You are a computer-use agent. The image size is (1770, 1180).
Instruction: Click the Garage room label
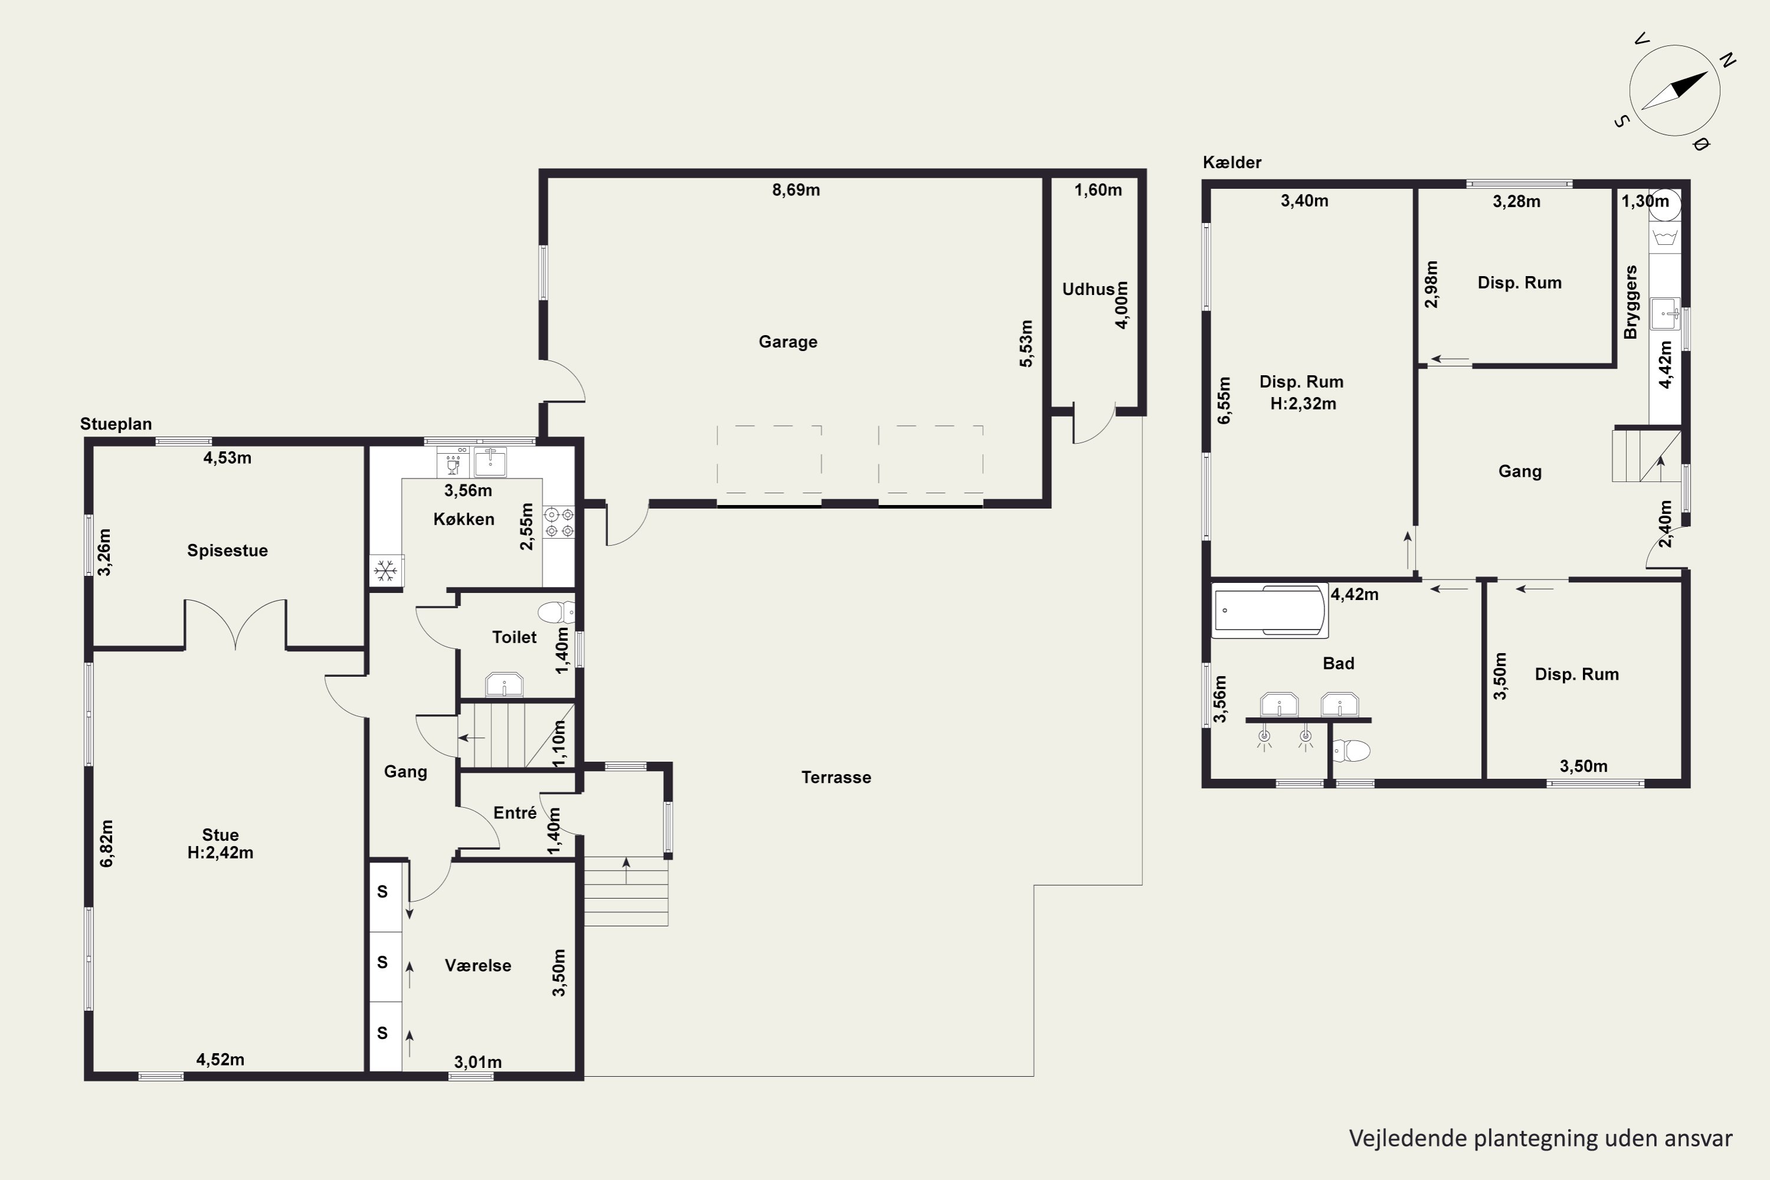788,342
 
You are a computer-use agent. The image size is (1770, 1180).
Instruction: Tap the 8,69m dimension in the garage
796,189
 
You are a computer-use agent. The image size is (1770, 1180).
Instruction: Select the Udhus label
1088,289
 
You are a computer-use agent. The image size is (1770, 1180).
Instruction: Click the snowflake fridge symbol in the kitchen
386,571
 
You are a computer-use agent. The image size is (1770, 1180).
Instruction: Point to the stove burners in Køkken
559,522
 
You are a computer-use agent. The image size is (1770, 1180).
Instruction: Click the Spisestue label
227,550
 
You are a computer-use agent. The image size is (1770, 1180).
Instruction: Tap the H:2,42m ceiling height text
221,853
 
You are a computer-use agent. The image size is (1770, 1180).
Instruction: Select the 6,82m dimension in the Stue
107,843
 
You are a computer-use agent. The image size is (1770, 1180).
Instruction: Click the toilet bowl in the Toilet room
557,612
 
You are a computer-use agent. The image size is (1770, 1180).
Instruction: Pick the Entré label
514,813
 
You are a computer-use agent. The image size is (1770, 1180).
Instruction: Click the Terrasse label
836,778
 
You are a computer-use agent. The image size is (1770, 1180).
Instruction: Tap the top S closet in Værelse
382,891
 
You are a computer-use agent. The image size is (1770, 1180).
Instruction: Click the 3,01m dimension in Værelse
478,1062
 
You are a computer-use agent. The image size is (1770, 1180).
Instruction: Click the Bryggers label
1631,301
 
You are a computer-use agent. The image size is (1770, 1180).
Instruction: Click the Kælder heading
1232,162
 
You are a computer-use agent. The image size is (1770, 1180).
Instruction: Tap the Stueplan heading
116,424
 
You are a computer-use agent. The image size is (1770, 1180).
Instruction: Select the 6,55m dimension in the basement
1224,401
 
